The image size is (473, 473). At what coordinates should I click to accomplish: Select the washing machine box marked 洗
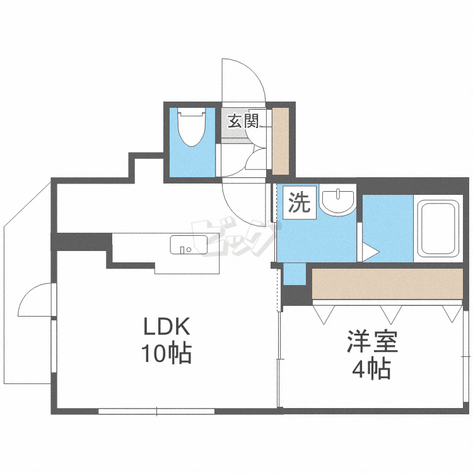click(299, 204)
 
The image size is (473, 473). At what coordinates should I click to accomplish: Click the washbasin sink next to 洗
click(337, 202)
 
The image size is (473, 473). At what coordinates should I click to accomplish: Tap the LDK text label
click(166, 327)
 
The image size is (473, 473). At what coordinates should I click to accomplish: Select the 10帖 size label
click(166, 354)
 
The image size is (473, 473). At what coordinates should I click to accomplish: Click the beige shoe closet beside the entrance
click(280, 141)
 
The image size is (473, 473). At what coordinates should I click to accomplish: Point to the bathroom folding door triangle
click(368, 252)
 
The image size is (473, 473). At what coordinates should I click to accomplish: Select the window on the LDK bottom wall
click(156, 412)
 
